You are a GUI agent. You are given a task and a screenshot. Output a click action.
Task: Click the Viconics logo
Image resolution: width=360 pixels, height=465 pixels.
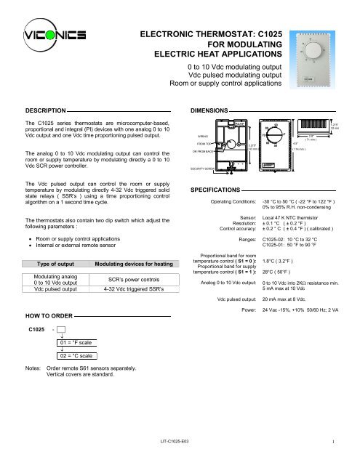(x=52, y=36)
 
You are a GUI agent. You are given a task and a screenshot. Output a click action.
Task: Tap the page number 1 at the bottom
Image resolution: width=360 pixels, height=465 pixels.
(x=332, y=441)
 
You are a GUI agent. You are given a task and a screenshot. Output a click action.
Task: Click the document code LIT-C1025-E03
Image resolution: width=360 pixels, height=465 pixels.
(x=179, y=441)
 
